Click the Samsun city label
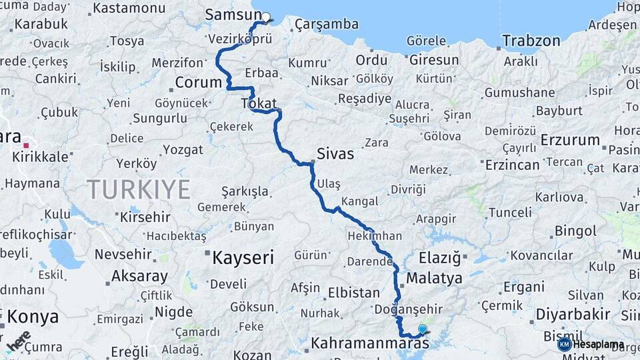(233, 15)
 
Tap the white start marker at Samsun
(266, 18)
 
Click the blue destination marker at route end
(422, 329)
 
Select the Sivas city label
(335, 153)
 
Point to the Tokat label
(259, 103)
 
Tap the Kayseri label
(243, 257)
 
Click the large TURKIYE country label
(139, 189)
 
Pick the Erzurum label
(570, 140)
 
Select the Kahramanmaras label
(370, 344)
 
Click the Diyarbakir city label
(554, 314)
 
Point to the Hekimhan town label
(375, 236)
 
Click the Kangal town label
(359, 201)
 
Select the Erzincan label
(512, 164)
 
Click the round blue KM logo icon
(565, 344)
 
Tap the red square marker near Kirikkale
(26, 145)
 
